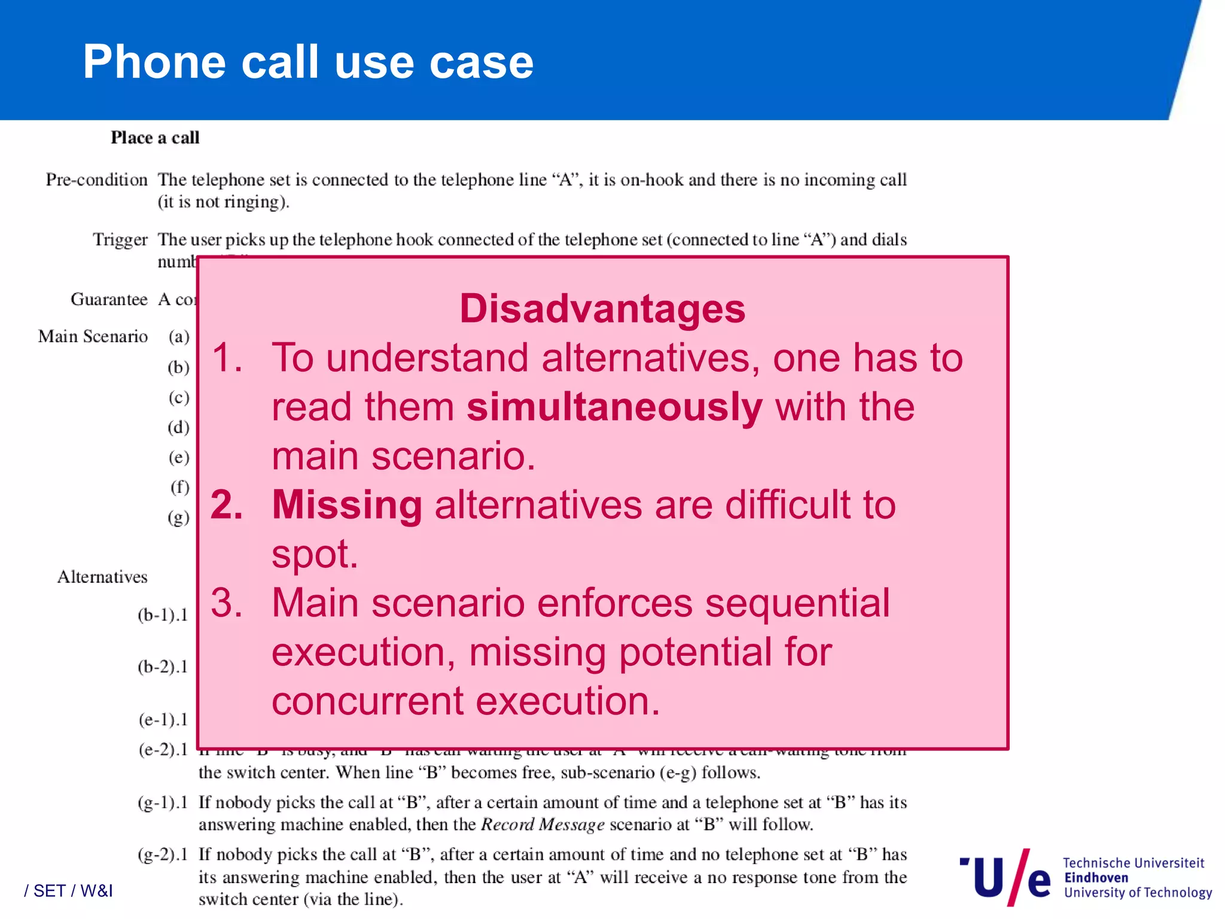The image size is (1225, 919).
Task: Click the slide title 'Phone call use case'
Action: pos(308,62)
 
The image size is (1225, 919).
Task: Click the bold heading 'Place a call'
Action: pos(155,138)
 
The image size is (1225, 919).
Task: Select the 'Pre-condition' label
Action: pos(96,180)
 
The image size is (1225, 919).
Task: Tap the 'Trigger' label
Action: pos(120,240)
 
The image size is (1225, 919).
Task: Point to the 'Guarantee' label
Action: pos(109,299)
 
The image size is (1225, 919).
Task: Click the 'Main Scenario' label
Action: pos(93,337)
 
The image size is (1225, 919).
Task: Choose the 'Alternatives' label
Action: pos(102,577)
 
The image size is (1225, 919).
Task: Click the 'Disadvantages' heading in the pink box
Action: pos(602,309)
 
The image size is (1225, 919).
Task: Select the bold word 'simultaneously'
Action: pos(614,407)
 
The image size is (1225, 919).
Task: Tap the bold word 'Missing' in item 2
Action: pos(347,505)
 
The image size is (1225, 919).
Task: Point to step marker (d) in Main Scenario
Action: pos(178,427)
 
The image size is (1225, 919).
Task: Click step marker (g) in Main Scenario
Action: pos(178,518)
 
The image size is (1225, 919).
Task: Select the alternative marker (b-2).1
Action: pos(163,667)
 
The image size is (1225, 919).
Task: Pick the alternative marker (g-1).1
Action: pos(163,802)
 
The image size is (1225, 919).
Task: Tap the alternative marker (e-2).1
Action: pos(163,750)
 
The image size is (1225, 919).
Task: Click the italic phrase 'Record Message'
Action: pos(543,825)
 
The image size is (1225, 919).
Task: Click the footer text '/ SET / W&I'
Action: pos(68,891)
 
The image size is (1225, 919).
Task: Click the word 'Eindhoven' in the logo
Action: pos(1096,878)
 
